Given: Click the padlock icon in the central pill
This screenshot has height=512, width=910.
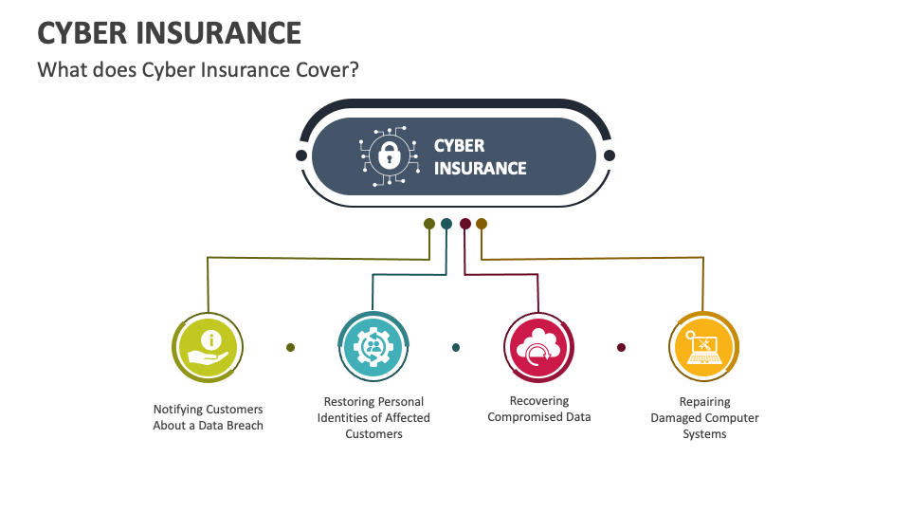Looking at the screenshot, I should click(x=387, y=155).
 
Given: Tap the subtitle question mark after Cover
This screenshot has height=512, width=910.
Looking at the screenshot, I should click(x=353, y=70).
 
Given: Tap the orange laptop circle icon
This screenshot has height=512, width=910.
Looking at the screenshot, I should click(x=703, y=347).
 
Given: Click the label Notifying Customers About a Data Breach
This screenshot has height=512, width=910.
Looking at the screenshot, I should click(x=209, y=417).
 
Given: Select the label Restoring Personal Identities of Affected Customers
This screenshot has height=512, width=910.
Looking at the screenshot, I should click(x=373, y=417).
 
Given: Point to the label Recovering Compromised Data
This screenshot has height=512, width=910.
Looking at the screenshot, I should click(x=538, y=409).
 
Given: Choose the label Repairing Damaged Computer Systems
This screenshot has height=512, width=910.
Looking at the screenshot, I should click(x=704, y=417).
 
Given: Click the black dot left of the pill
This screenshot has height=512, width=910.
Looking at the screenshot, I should click(x=301, y=155).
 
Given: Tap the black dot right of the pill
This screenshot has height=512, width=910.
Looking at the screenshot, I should click(x=610, y=155).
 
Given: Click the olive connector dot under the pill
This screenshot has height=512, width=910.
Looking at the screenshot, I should click(x=429, y=224).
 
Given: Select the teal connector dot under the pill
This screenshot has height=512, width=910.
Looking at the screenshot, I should click(x=446, y=224).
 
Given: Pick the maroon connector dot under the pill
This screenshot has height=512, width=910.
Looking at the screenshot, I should click(x=464, y=224).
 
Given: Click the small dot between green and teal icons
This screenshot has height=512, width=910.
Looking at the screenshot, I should click(x=290, y=347).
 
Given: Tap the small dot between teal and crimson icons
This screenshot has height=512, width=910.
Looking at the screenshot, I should click(x=456, y=347).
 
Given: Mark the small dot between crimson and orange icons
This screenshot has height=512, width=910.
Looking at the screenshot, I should click(x=621, y=347).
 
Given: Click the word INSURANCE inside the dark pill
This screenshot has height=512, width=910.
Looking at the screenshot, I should click(x=480, y=169).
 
